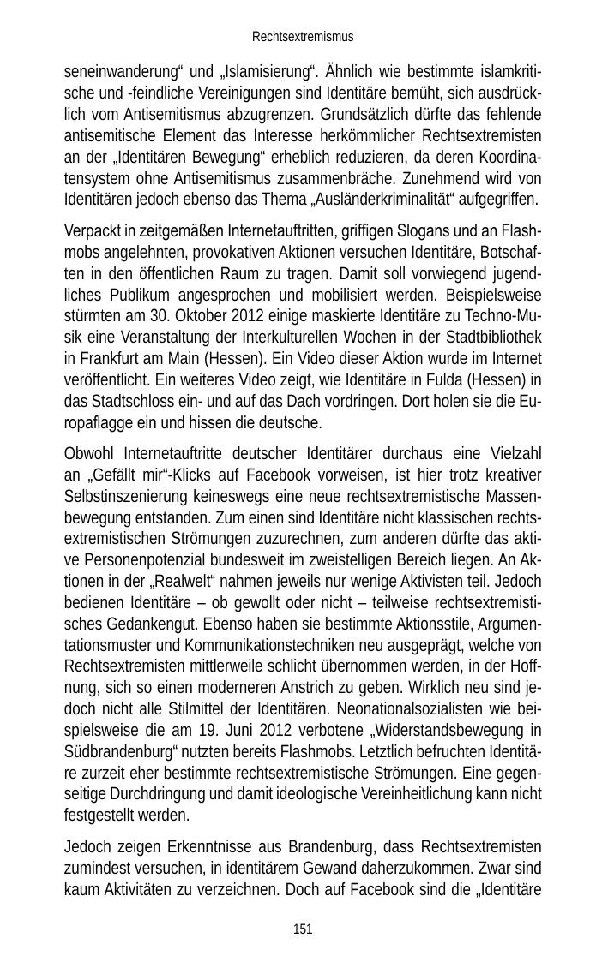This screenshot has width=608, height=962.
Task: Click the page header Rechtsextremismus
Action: tap(303, 37)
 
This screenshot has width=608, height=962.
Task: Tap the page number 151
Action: tap(303, 929)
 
